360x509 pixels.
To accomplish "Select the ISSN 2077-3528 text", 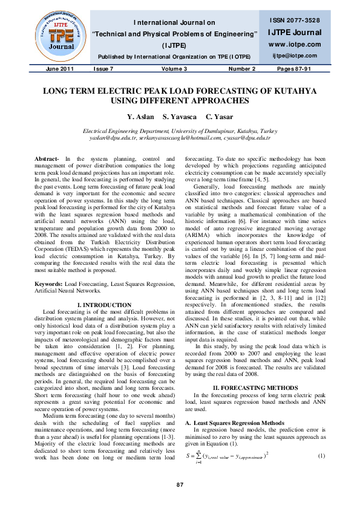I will pos(294,21).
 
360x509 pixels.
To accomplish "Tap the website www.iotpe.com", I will pos(294,44).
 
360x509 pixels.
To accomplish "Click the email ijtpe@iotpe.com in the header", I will pos(294,55).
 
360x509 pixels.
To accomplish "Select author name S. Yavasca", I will pos(180,116).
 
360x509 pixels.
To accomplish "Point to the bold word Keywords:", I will pos(49,283).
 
